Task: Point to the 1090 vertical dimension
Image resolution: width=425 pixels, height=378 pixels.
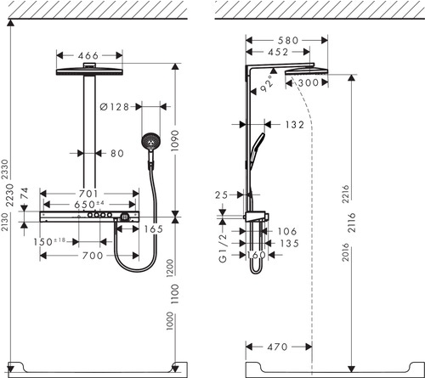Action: click(177, 140)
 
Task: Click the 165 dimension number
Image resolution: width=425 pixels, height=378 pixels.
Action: click(153, 229)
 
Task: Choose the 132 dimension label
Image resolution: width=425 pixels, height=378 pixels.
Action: click(294, 125)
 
